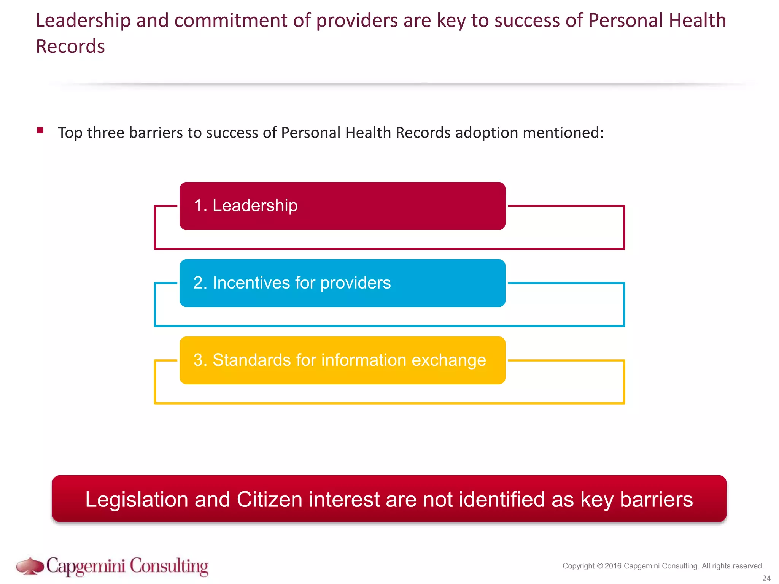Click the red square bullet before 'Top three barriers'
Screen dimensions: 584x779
[x=40, y=131]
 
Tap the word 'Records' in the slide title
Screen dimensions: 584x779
[x=70, y=47]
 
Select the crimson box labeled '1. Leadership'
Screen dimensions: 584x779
[x=342, y=206]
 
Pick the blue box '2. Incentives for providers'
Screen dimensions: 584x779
[x=342, y=283]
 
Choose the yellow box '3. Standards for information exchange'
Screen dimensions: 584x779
[x=342, y=360]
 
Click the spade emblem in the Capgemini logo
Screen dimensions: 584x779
[x=30, y=566]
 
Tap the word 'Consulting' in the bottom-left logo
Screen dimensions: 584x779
[x=169, y=567]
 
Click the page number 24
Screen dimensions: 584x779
[x=766, y=578]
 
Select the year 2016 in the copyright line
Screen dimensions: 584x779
[x=613, y=566]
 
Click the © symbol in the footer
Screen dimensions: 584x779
[x=600, y=566]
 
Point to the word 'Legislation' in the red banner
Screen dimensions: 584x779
[x=137, y=499]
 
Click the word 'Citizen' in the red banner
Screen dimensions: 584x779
[x=269, y=499]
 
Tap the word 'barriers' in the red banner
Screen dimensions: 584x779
[x=656, y=499]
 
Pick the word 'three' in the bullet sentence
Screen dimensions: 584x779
[x=105, y=133]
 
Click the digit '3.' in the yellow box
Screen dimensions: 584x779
[x=200, y=360]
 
